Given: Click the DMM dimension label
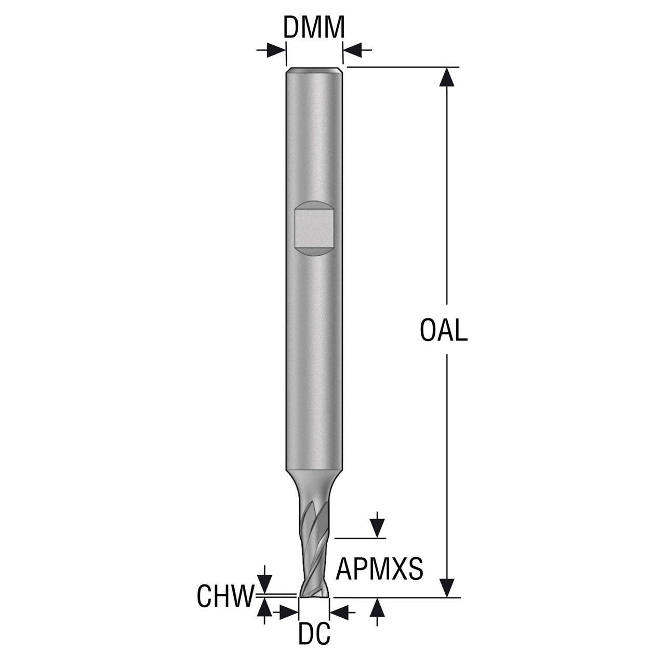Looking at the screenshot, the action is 314,27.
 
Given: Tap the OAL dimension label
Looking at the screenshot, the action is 444,330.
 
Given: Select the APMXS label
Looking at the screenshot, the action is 379,569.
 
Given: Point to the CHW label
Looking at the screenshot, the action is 225,596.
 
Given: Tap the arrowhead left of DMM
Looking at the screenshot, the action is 276,50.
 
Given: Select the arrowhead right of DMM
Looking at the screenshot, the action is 352,50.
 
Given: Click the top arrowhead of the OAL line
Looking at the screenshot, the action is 447,76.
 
